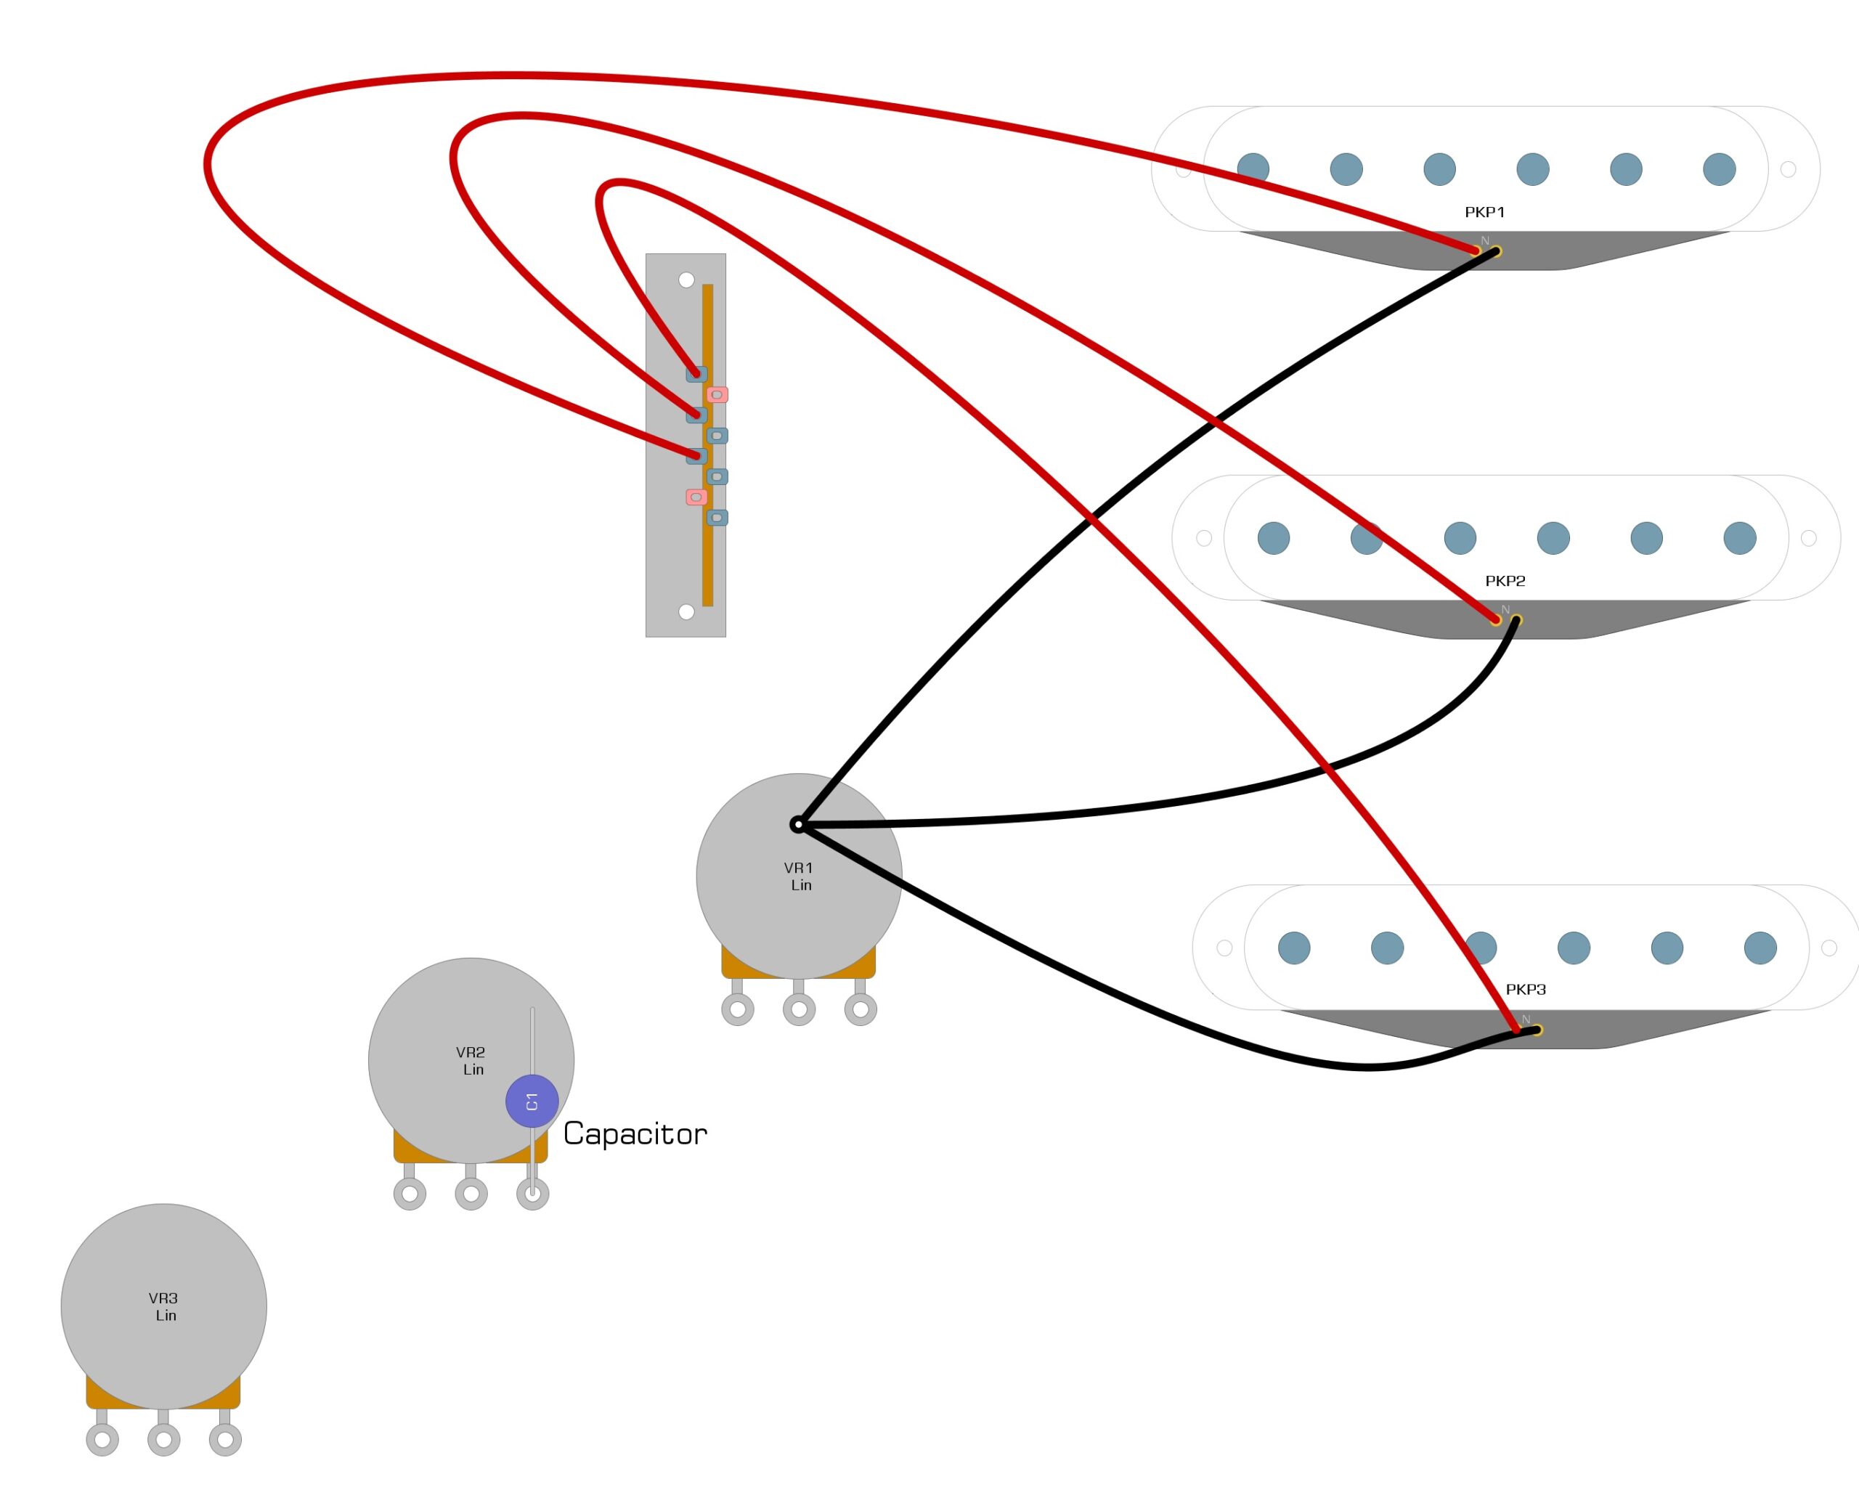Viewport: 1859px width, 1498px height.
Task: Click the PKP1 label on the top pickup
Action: click(x=1484, y=211)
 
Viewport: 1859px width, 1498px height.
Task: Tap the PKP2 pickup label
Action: click(x=1505, y=581)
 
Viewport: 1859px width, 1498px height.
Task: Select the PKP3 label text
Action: click(x=1526, y=989)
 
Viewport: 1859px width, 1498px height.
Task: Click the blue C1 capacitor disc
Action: click(x=532, y=1101)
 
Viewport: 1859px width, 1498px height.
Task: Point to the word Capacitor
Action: click(x=635, y=1134)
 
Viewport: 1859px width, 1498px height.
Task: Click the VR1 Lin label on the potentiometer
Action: click(x=800, y=876)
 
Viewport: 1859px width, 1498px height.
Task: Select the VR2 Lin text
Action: click(x=471, y=1060)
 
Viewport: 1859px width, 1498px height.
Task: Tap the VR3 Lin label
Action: click(x=163, y=1306)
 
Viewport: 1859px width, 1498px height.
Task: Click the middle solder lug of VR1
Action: click(x=800, y=1009)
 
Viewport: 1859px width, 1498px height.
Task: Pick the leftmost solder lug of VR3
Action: click(x=102, y=1439)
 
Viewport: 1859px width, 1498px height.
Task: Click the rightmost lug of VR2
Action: click(x=532, y=1194)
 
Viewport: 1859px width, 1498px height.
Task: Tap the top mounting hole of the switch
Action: click(x=686, y=280)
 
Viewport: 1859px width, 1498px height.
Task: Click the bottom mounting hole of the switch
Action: click(x=686, y=612)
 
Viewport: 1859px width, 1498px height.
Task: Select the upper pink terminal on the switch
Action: click(x=717, y=394)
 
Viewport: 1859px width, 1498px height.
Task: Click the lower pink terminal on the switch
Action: click(x=696, y=497)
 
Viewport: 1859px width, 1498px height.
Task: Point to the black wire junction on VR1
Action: click(x=798, y=825)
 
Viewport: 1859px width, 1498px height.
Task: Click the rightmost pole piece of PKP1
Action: click(x=1719, y=169)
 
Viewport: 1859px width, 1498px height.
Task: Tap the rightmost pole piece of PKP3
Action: click(x=1761, y=948)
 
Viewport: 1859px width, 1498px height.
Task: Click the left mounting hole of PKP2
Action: click(x=1204, y=539)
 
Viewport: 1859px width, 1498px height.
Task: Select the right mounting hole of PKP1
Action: click(x=1789, y=169)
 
